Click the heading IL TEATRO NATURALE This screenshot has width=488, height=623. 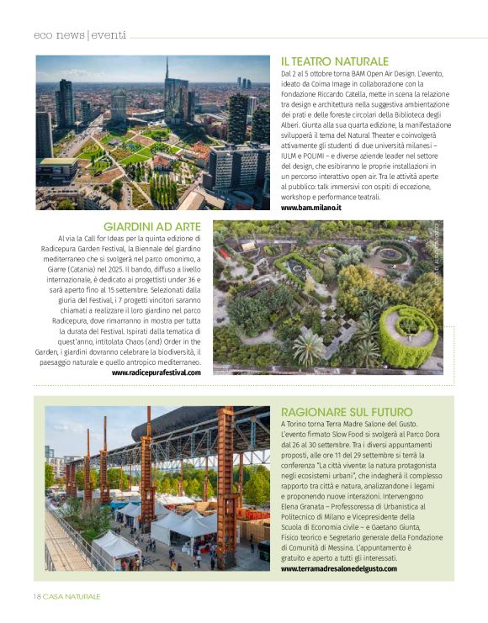pyautogui.click(x=334, y=61)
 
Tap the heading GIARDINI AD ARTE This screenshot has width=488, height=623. pyautogui.click(x=151, y=227)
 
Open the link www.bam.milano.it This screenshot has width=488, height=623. pyautogui.click(x=310, y=207)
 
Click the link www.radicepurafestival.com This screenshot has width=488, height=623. pyautogui.click(x=156, y=372)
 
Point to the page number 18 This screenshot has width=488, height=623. pyautogui.click(x=37, y=596)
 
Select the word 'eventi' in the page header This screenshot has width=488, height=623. pyautogui.click(x=106, y=34)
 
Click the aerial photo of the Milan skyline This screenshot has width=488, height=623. pyautogui.click(x=152, y=133)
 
